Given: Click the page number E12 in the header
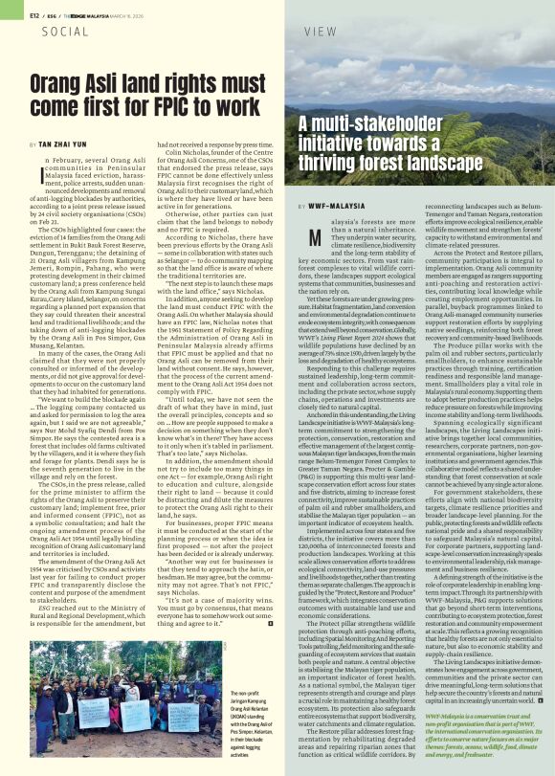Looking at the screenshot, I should pos(11,15).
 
